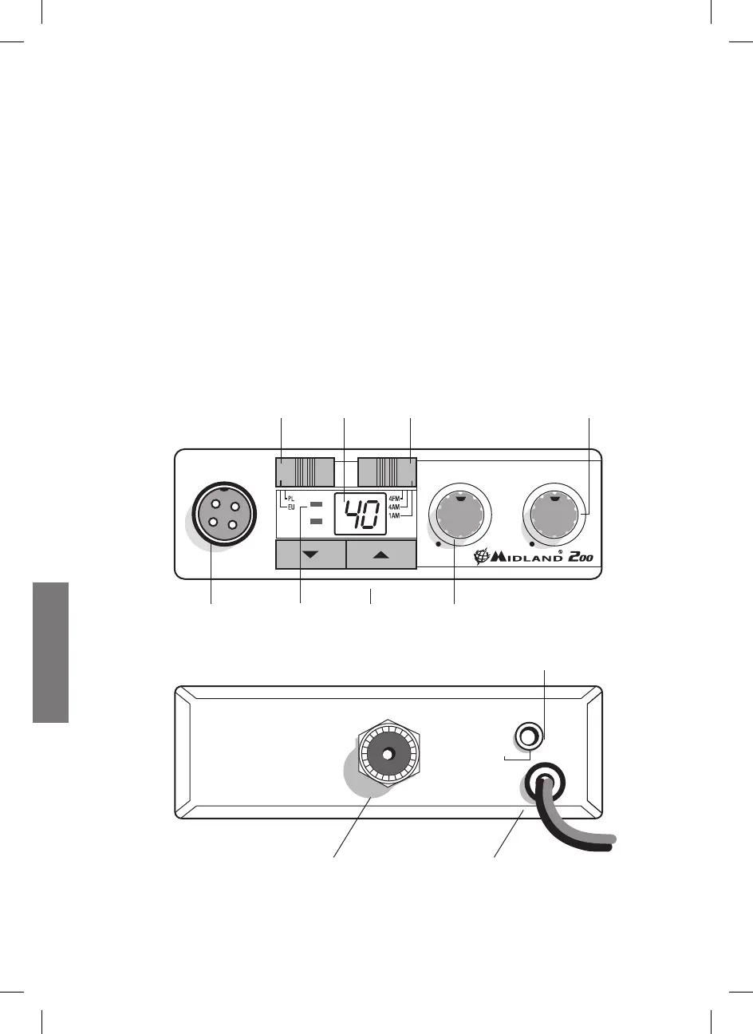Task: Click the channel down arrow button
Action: click(x=311, y=554)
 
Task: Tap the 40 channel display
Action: click(x=365, y=513)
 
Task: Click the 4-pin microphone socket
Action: click(x=223, y=518)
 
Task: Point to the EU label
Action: click(x=291, y=507)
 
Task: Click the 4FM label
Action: click(x=394, y=499)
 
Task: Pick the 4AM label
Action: click(x=394, y=507)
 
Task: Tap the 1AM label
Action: click(x=394, y=515)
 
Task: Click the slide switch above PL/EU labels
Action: click(x=305, y=472)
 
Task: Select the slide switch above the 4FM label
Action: click(x=387, y=472)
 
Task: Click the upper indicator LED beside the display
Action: click(x=316, y=504)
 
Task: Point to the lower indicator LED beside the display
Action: click(x=316, y=521)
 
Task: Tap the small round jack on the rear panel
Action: click(x=526, y=733)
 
